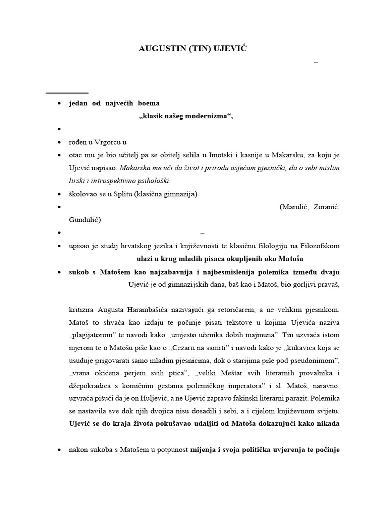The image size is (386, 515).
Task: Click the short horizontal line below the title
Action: tap(67, 93)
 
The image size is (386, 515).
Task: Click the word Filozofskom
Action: tap(320, 246)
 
